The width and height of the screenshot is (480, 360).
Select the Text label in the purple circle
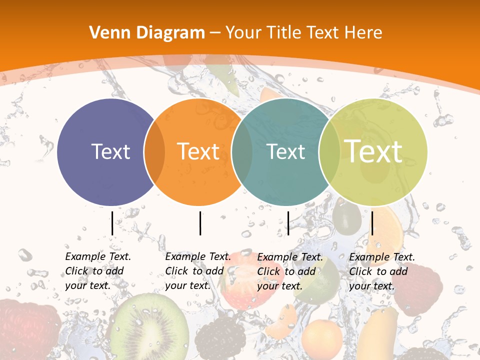(x=110, y=151)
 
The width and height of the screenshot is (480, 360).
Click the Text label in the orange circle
(x=198, y=151)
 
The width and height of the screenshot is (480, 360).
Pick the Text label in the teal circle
(x=285, y=151)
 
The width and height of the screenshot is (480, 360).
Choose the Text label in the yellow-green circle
(x=373, y=151)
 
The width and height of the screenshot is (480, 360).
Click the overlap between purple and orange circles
(x=154, y=151)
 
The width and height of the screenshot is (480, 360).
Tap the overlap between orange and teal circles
(x=242, y=151)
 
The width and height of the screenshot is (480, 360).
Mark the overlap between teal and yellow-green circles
(x=329, y=151)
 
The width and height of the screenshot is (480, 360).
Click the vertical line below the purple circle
(x=112, y=223)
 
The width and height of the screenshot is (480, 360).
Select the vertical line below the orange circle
(x=200, y=223)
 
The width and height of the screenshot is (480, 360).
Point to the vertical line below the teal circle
(x=288, y=223)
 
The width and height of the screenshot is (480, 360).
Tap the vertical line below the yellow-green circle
(x=372, y=223)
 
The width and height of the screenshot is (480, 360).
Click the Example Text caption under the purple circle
(x=97, y=271)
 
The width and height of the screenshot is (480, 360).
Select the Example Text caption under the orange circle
(x=197, y=271)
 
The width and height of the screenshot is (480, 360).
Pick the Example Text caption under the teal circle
(x=289, y=271)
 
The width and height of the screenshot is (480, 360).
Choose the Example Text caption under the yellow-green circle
(x=381, y=271)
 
